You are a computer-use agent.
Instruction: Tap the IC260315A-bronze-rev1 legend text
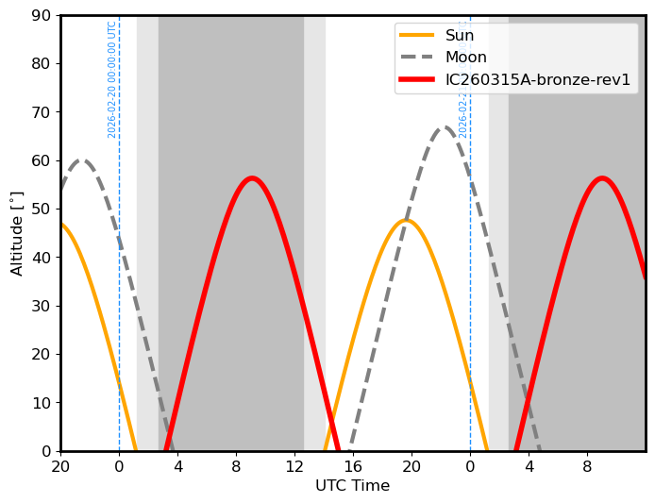(538, 79)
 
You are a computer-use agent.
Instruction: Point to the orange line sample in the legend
(417, 36)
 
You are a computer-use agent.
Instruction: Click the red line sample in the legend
(417, 79)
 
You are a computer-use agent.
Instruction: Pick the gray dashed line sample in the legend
(417, 58)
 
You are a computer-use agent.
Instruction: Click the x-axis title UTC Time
(352, 486)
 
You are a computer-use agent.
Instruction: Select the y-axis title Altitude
(17, 233)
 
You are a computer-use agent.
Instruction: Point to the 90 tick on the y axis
(42, 15)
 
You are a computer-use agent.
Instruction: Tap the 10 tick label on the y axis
(42, 403)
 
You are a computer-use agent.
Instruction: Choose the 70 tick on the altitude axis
(42, 112)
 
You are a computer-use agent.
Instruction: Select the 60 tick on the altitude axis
(42, 160)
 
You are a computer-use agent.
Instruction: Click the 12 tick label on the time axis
(294, 465)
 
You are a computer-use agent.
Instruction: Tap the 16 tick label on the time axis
(353, 465)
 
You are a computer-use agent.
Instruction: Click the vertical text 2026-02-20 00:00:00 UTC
(112, 79)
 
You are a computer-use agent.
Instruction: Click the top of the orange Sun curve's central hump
(406, 221)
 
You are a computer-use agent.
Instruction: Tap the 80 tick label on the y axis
(42, 63)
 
